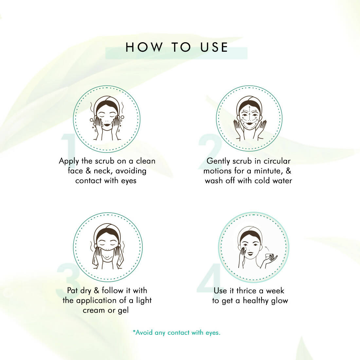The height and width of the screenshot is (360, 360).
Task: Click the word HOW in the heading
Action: click(x=144, y=47)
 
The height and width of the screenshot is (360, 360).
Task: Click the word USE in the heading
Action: click(x=214, y=47)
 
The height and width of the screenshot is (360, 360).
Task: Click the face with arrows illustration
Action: click(x=250, y=118)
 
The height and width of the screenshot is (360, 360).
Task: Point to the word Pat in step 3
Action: click(x=72, y=291)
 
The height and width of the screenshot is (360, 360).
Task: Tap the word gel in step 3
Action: click(x=123, y=311)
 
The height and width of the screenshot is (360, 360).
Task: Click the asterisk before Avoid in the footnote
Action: click(x=134, y=332)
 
